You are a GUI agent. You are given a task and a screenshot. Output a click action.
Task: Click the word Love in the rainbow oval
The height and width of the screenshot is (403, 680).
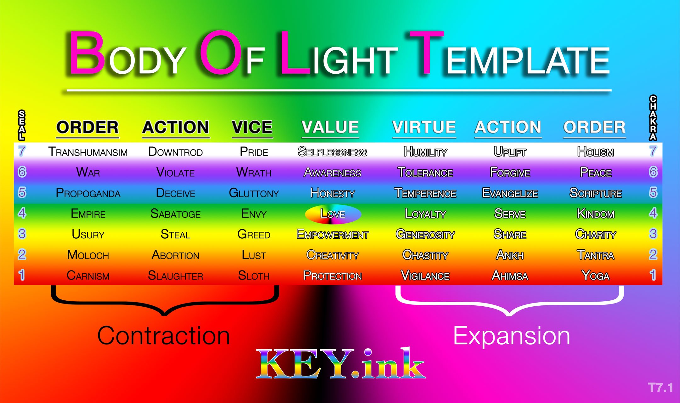coord(333,214)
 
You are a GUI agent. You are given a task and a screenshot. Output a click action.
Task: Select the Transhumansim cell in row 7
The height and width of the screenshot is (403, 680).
coord(88,152)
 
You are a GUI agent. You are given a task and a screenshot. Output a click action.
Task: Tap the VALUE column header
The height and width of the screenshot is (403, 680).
coord(330,127)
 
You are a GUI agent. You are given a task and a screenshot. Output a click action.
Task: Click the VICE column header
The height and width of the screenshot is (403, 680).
coord(252,127)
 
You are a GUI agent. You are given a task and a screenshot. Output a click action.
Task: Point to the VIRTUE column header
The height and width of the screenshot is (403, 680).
coord(424,127)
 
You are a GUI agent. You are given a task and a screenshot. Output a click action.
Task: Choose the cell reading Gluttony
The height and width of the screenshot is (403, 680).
coord(254,193)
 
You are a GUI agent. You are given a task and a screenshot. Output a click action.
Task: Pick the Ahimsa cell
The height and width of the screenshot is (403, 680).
coord(510,276)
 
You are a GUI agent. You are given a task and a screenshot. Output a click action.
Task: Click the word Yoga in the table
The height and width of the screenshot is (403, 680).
coord(595,276)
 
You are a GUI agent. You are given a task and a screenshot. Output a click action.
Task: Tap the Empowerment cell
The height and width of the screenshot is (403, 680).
coord(332,235)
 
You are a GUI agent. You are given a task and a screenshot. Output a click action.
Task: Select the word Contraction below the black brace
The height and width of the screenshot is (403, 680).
coord(163,336)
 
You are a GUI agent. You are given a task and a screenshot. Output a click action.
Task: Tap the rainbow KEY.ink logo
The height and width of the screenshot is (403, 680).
coord(341,363)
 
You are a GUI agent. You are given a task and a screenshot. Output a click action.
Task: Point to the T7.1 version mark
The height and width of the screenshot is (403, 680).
coord(660,388)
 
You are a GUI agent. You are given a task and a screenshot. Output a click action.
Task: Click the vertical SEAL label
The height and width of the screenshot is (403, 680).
coord(22,125)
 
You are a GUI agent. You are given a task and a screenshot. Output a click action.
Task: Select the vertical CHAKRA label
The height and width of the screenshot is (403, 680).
coord(653,117)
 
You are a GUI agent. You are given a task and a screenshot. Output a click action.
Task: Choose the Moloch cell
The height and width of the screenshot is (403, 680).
coord(88,255)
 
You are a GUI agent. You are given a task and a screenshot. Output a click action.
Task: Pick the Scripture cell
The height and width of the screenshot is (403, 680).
coord(595,193)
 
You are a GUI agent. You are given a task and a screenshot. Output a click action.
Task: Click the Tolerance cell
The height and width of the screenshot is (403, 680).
coord(425,173)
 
